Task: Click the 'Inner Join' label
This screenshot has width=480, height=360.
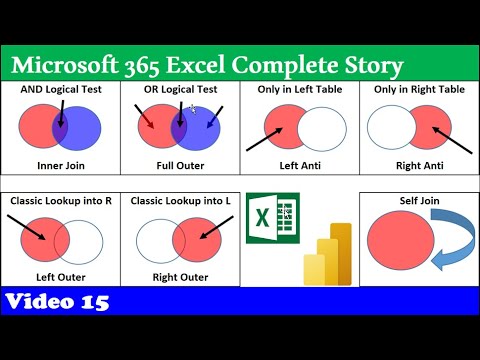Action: (60, 163)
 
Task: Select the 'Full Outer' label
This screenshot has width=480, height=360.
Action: (180, 163)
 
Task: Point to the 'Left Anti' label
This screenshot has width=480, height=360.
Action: (299, 163)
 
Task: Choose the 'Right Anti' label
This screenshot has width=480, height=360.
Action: (419, 163)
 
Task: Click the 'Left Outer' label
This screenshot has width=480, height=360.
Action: (60, 276)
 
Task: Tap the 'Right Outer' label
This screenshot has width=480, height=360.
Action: (180, 276)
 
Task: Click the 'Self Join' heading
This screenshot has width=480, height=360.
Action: (418, 201)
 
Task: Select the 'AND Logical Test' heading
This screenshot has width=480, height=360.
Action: (60, 89)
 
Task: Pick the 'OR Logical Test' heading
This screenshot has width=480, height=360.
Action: (180, 89)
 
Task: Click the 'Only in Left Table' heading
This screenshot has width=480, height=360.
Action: (299, 89)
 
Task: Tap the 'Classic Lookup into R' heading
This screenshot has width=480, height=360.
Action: (60, 201)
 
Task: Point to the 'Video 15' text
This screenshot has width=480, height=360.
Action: (56, 301)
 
